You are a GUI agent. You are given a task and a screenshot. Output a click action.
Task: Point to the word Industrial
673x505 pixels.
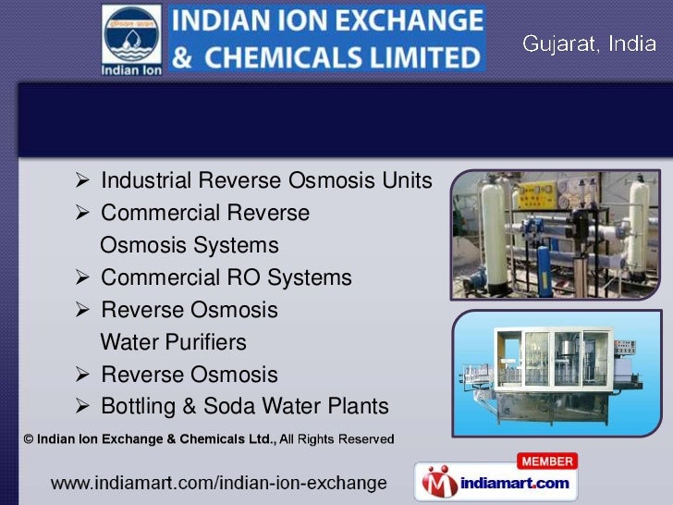point(147,180)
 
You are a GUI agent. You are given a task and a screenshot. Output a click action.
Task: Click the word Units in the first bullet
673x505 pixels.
point(406,180)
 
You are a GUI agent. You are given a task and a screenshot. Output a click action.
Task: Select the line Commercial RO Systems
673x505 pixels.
point(226,277)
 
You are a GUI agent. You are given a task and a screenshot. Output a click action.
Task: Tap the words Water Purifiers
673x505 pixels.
point(173,342)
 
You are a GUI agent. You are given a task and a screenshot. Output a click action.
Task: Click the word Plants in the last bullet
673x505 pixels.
point(358,407)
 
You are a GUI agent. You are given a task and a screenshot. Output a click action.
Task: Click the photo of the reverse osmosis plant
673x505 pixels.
point(556,235)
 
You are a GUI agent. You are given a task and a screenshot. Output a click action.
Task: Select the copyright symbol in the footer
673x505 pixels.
point(29,439)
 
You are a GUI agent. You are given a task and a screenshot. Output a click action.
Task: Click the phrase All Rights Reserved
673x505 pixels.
point(337,439)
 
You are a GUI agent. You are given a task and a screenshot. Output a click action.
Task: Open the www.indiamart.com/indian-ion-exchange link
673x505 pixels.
point(218,483)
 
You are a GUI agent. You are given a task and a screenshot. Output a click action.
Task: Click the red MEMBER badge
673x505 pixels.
point(548,462)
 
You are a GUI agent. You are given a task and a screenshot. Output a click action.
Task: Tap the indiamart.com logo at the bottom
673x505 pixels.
point(497,483)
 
